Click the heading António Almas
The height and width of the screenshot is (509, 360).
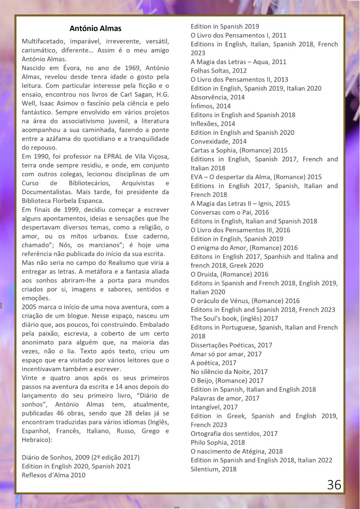[x=95, y=29]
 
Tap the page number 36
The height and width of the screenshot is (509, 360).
[x=334, y=484]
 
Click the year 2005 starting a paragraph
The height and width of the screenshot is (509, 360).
[x=31, y=307]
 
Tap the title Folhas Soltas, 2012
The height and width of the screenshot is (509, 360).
[x=217, y=71]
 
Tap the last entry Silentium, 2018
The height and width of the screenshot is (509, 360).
[x=213, y=469]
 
